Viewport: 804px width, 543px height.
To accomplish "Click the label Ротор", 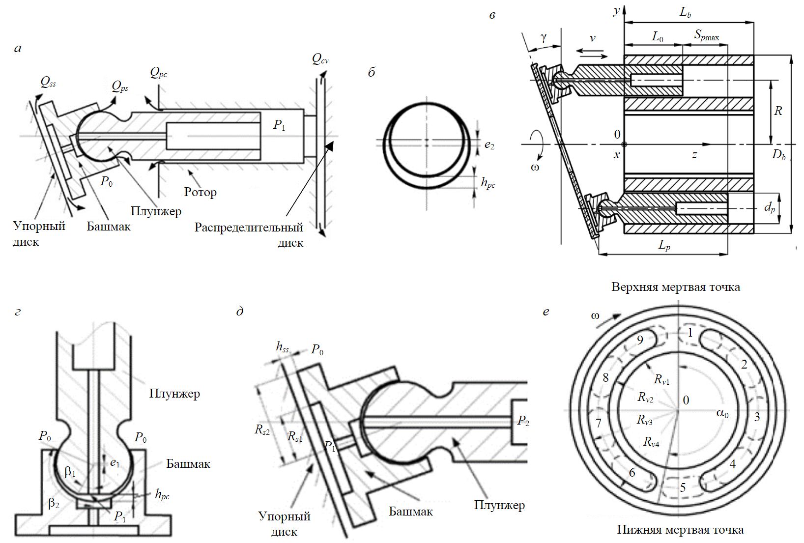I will coord(200,192).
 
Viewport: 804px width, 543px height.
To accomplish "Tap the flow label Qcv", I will coord(320,59).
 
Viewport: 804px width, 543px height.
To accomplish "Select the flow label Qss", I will coord(48,82).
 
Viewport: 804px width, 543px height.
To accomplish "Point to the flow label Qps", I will coord(120,87).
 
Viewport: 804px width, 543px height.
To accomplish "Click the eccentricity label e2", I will coord(489,145).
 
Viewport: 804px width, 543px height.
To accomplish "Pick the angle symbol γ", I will coord(543,38).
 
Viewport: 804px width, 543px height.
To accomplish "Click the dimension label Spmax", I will coord(706,35).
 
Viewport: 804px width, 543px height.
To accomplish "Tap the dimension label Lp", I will coord(664,245).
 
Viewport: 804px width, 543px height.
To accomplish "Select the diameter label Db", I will coord(778,155).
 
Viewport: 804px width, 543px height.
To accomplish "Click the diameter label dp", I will coord(770,207).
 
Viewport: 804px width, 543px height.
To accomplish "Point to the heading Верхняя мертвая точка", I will coord(675,287).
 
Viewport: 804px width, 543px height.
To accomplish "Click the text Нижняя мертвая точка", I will coord(680,530).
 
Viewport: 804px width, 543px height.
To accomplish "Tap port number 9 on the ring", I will coord(640,340).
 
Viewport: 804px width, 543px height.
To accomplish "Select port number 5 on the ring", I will coord(683,487).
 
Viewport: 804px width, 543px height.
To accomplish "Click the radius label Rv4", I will coord(651,442).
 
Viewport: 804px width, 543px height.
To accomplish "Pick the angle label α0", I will coord(722,414).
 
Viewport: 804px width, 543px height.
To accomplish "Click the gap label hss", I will coord(282,347).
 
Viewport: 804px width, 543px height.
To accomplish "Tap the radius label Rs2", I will coord(262,430).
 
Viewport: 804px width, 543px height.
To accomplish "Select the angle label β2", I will coord(54,503).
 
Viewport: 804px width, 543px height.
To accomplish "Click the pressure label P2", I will coord(523,421).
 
